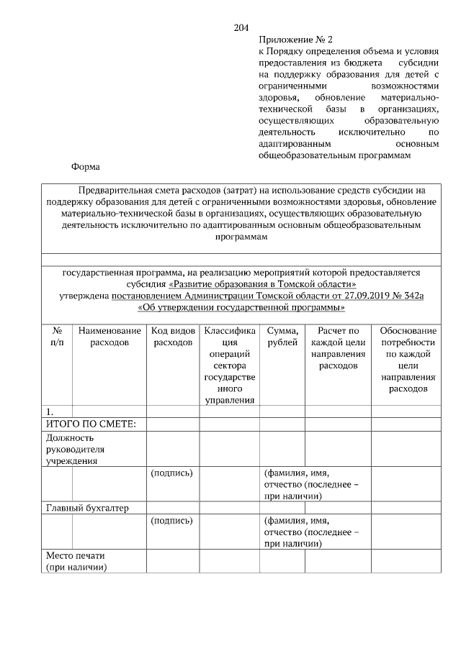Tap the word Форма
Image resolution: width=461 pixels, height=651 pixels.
[85, 167]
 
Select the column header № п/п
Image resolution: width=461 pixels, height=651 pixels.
[57, 337]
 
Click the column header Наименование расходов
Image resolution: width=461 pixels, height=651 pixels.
[109, 337]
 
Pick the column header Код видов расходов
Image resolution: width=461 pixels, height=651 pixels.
[173, 337]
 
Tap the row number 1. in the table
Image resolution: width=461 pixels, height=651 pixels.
[50, 412]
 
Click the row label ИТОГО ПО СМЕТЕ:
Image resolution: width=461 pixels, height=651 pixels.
[86, 424]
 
